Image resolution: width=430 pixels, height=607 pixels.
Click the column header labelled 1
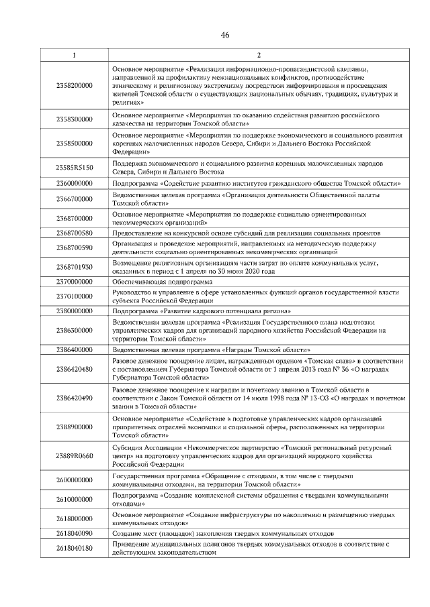(74, 55)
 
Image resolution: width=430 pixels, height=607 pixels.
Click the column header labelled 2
(259, 55)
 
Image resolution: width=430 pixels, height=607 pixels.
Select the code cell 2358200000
(74, 87)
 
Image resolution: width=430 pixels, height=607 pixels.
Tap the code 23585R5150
(74, 167)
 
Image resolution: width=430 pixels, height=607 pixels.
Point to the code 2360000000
(74, 183)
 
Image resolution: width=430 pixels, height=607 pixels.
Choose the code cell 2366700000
(74, 199)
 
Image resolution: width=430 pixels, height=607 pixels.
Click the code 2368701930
(74, 267)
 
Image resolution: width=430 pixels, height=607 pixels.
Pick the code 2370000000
(74, 282)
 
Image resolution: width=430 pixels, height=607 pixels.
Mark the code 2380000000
(74, 312)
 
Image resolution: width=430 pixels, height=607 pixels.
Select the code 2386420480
(74, 368)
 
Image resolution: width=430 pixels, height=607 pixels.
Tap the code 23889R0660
(74, 456)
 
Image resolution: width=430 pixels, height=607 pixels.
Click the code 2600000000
(74, 480)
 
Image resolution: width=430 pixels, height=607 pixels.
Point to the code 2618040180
(74, 549)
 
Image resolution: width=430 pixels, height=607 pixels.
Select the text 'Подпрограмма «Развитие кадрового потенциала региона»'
(202, 312)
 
